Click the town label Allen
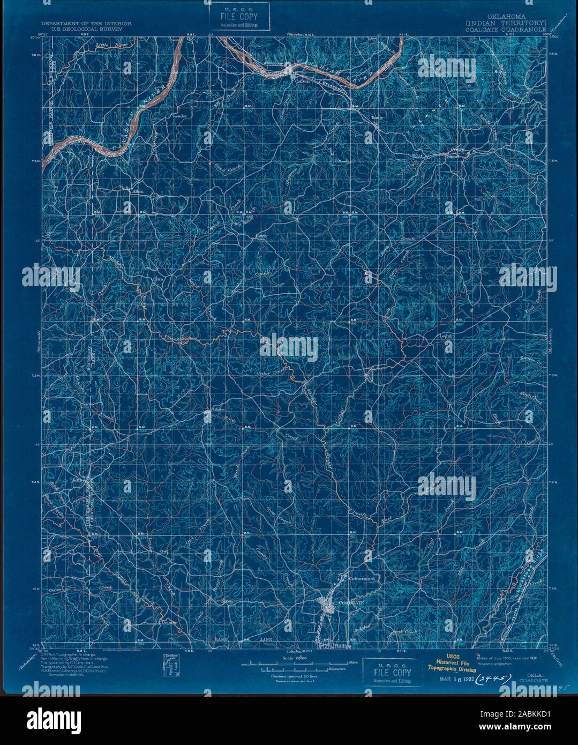point(131,190)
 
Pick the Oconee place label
point(168,623)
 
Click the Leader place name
point(177,116)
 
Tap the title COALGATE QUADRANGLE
point(506,29)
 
